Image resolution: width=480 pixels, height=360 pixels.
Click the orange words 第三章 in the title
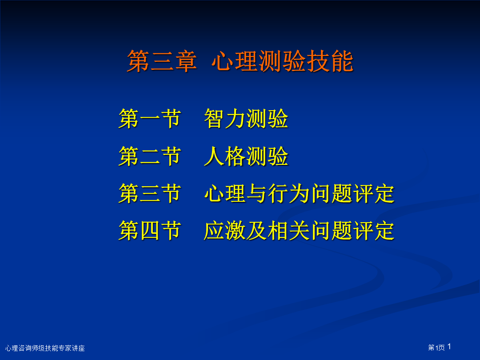(x=162, y=61)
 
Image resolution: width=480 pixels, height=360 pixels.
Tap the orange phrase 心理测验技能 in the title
(x=282, y=61)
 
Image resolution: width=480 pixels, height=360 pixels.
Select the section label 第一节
(x=150, y=119)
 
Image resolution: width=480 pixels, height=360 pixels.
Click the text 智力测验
(x=246, y=119)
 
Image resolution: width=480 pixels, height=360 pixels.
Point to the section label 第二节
(x=150, y=156)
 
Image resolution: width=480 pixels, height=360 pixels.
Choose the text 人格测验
(x=246, y=156)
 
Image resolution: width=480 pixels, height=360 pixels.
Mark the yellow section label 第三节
(x=150, y=193)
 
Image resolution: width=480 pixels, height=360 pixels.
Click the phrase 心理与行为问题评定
(x=299, y=193)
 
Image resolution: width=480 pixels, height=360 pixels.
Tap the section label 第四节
(x=150, y=231)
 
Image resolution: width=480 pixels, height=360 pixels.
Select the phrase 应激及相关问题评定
(x=299, y=231)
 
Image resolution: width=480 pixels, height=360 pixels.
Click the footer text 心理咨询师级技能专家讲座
(x=45, y=348)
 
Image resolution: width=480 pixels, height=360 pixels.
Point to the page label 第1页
(x=436, y=348)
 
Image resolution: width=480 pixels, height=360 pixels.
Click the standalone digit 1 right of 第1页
(x=449, y=347)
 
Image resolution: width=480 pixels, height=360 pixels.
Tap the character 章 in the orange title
(x=185, y=61)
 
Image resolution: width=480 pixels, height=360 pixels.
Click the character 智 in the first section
(x=214, y=119)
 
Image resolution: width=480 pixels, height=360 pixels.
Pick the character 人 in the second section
(x=214, y=156)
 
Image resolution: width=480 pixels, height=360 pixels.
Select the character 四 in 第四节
(x=150, y=231)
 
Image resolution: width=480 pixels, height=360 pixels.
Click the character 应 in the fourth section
(x=214, y=231)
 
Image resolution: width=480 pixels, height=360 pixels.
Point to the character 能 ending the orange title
(x=342, y=61)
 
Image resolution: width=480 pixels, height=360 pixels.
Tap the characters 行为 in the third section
(x=288, y=193)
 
